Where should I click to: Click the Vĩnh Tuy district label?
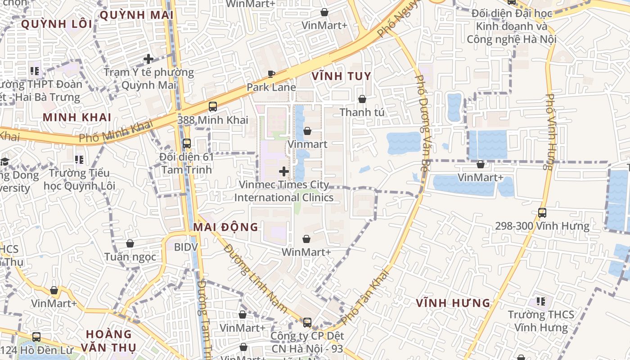coord(341,76)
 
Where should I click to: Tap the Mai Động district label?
coord(225,227)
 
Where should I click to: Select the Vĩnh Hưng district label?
coord(453,303)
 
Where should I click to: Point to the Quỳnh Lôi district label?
coord(56,24)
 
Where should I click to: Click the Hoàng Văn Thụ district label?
coord(108,341)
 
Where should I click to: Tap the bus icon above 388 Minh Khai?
coord(213,107)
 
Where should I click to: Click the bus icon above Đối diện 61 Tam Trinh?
coord(187,144)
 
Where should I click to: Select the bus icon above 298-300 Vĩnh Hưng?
coord(542,212)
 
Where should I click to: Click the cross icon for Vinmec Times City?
coord(284,171)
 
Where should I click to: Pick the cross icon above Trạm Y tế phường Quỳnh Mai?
coord(148,59)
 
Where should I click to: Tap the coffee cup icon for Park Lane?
coord(271,74)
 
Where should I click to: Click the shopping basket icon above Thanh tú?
coord(362,99)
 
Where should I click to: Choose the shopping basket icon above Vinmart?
coord(307,131)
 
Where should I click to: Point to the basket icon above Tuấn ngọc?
coord(130,243)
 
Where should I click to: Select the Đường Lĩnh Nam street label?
coord(255,278)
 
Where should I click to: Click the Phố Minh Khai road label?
coord(116,131)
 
